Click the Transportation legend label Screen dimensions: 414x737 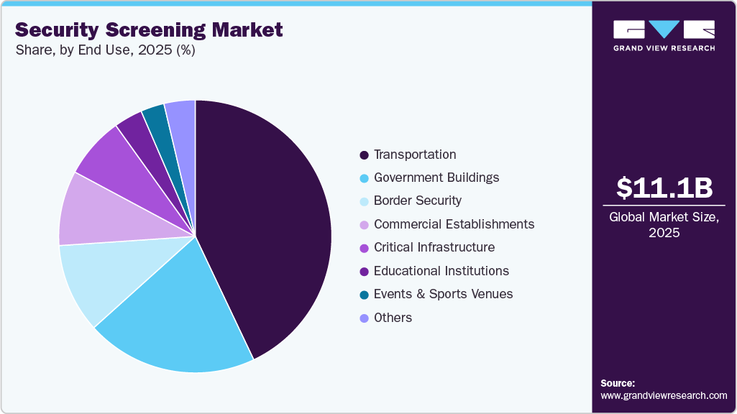click(415, 155)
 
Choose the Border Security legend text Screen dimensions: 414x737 click(418, 201)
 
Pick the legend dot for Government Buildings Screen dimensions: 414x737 click(364, 178)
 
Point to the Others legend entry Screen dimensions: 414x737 click(393, 318)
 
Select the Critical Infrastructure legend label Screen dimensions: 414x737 click(434, 247)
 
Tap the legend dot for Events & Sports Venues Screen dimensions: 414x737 click(364, 295)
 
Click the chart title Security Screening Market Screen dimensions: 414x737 click(149, 29)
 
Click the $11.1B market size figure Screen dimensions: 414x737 click(664, 188)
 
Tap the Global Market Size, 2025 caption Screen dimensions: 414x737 click(664, 224)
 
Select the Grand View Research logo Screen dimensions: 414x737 click(664, 34)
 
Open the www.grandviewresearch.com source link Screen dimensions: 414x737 click(664, 395)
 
